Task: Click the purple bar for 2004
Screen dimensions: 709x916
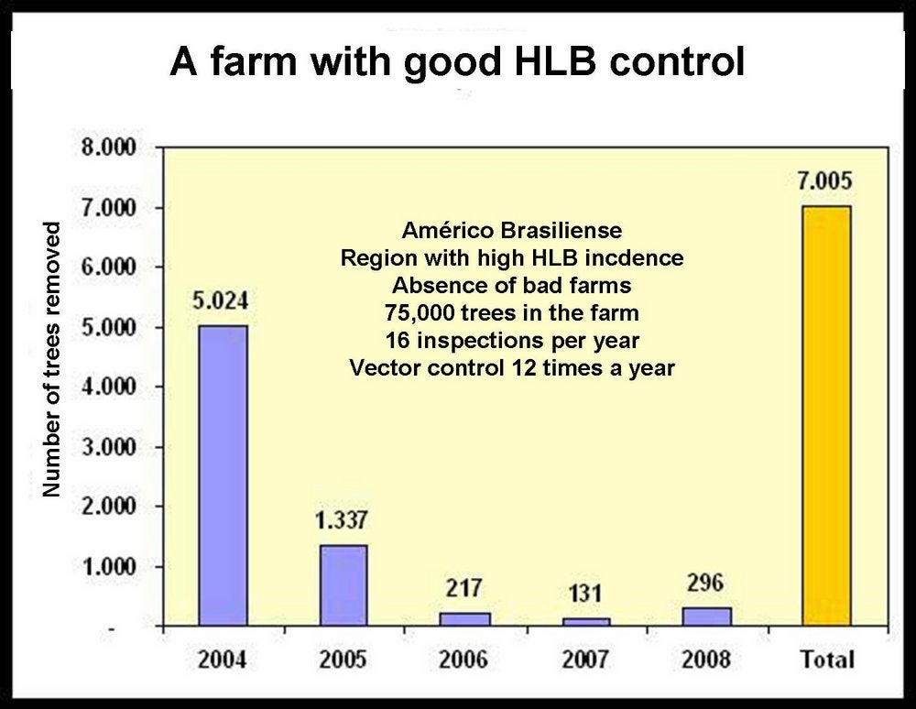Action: (223, 475)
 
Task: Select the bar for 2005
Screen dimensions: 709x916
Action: (343, 585)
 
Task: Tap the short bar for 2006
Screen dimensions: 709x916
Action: (465, 619)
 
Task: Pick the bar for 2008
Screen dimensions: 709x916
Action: (706, 616)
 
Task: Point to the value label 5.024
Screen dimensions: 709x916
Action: (221, 300)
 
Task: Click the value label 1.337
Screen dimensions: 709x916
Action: (342, 520)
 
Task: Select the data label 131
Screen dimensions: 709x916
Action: (584, 594)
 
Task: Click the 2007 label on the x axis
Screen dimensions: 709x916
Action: (585, 659)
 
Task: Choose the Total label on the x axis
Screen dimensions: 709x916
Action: (826, 659)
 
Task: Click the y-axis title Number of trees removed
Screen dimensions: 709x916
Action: (52, 359)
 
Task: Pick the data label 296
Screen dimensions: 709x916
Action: (705, 583)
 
